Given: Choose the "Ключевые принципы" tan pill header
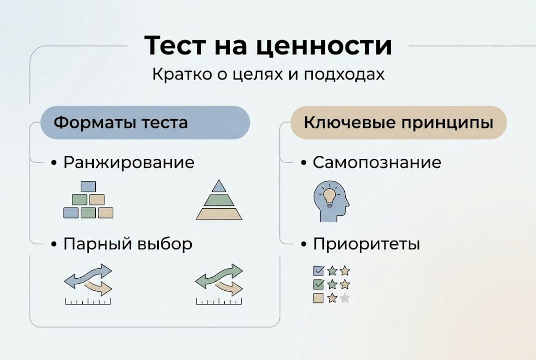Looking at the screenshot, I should point(398,122).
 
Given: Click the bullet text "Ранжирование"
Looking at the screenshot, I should point(129,163).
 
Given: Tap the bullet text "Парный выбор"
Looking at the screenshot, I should point(128,244).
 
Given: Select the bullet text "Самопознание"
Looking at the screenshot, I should point(377,163).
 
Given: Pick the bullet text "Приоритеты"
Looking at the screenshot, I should point(366,244).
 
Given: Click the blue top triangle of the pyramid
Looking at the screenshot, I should point(219,187).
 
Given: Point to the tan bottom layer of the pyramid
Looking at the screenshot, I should point(219,214).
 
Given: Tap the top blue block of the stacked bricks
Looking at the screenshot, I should point(88,187).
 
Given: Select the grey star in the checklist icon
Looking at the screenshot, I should point(345,298).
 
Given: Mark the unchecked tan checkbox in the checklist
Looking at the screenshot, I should point(318,298).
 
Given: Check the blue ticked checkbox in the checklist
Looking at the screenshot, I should point(318,271).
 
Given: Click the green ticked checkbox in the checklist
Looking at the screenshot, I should point(318,285).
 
